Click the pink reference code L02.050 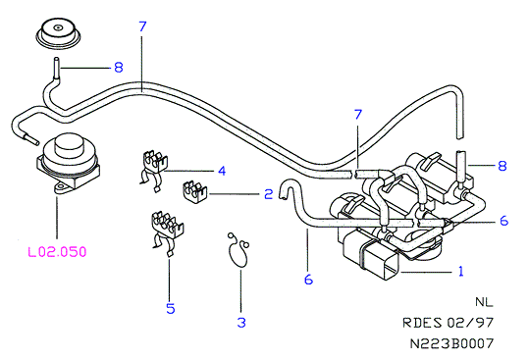[57, 252]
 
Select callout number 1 [461, 271]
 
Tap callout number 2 [269, 194]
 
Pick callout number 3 [241, 323]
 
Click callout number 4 [222, 171]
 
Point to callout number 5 [171, 308]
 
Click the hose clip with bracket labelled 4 [153, 171]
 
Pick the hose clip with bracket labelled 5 [166, 232]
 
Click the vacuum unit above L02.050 [68, 165]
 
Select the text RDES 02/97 [448, 323]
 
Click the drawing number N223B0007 [451, 343]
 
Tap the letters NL [484, 302]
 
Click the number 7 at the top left [142, 26]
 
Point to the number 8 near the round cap [119, 68]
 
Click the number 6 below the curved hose [308, 280]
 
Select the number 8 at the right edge [503, 166]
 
